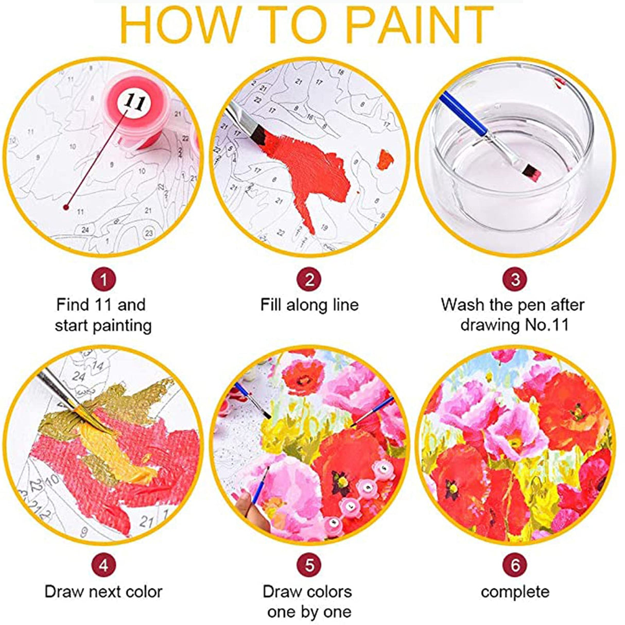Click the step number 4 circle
(x=104, y=565)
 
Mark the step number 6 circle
(x=515, y=565)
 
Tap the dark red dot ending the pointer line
(x=66, y=207)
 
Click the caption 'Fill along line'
(x=309, y=305)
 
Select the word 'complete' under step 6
(x=515, y=592)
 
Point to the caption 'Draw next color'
(x=103, y=592)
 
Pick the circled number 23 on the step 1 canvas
(x=149, y=233)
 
